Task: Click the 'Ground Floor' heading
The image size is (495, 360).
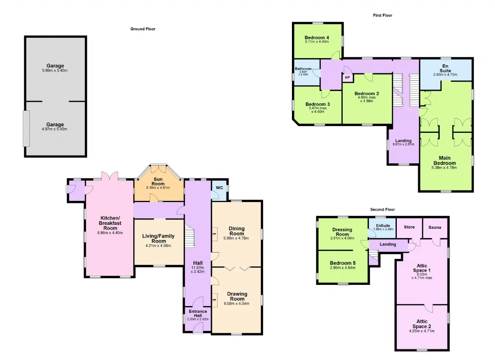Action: [143, 29]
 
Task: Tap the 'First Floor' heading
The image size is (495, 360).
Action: [382, 15]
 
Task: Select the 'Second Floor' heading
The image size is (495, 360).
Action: [382, 209]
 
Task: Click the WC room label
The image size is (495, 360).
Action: [219, 188]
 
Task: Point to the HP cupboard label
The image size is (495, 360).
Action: [347, 77]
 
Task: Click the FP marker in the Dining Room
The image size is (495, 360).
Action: [214, 234]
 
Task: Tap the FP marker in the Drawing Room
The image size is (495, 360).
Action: [214, 300]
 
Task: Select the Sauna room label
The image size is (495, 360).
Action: [435, 227]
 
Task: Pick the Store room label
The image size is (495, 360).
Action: [409, 227]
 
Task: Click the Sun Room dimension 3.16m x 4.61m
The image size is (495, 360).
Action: [158, 188]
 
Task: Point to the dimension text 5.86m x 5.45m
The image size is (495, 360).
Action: [55, 70]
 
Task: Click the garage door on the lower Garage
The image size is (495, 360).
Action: [26, 129]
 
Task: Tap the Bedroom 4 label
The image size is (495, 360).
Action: [317, 38]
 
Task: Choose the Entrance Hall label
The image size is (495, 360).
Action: [198, 313]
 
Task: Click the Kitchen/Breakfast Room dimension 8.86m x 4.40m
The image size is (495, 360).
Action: [110, 233]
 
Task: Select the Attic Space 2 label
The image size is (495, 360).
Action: [422, 324]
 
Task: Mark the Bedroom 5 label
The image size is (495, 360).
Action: [343, 263]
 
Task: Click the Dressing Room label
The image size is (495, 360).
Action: [342, 232]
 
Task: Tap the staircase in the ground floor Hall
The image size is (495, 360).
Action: [189, 236]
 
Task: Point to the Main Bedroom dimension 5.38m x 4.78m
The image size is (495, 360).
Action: [444, 168]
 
